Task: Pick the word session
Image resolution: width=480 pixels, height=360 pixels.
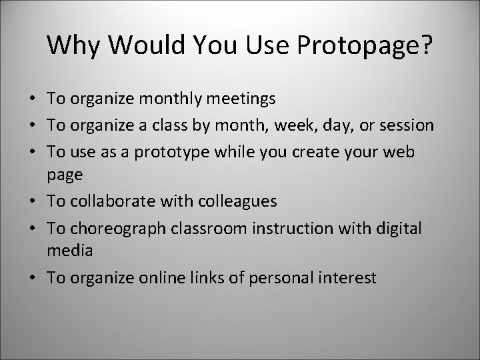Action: point(405,125)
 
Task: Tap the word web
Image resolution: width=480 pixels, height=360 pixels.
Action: point(401,151)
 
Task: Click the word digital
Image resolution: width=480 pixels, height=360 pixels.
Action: point(395,227)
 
